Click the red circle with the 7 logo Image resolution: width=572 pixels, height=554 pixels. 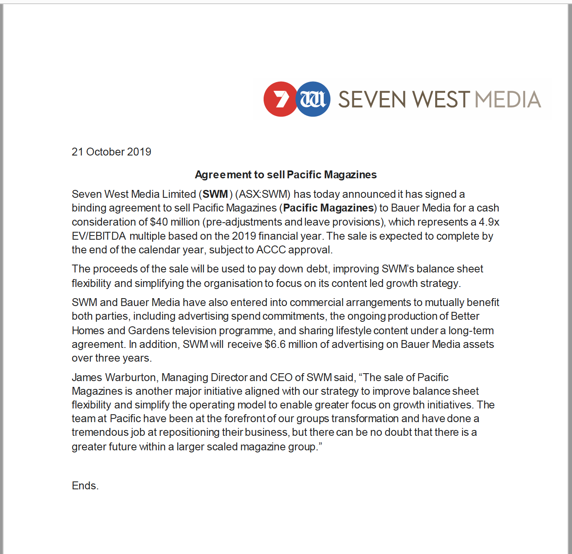[x=281, y=99]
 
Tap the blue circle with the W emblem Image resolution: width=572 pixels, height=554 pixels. [x=313, y=99]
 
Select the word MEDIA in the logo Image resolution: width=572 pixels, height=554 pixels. [x=508, y=100]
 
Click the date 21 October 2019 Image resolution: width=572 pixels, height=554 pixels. [x=111, y=152]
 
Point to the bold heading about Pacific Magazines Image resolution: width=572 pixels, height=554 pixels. [x=286, y=175]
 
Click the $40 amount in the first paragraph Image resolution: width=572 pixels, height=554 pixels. [x=159, y=222]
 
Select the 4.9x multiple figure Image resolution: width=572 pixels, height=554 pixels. [x=489, y=222]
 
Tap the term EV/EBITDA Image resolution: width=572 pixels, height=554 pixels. [x=99, y=236]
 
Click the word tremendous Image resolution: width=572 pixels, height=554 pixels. [x=99, y=432]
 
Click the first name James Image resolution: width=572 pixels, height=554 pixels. [x=87, y=377]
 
